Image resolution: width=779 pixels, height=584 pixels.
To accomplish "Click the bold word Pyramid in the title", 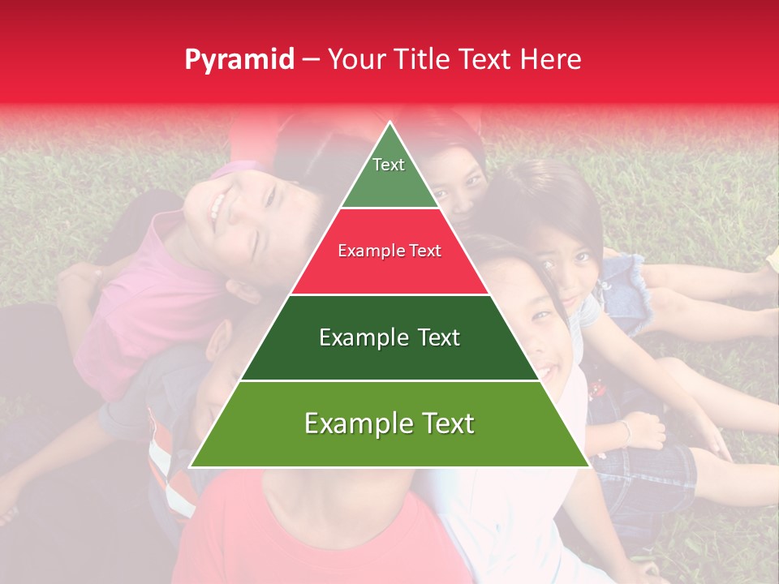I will [x=239, y=60].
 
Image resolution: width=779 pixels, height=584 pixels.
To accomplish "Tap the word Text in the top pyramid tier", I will [x=389, y=165].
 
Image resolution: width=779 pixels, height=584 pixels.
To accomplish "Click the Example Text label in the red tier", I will [x=389, y=251].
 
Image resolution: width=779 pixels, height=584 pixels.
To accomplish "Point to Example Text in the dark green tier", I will [x=389, y=337].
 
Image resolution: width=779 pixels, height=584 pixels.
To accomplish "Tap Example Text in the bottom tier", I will [x=389, y=423].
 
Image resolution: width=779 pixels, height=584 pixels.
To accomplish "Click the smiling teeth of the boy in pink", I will [x=217, y=208].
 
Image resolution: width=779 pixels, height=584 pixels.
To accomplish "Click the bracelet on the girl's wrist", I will [x=626, y=431].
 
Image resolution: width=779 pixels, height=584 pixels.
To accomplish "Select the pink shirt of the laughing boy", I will [x=154, y=308].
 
